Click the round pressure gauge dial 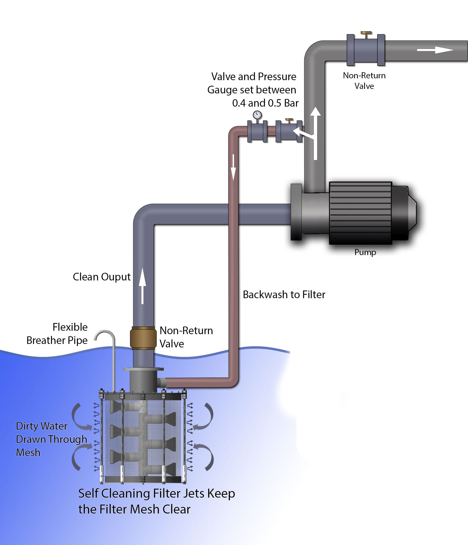coord(257,115)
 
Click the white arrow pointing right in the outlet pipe coord(435,50)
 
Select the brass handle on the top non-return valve coord(366,34)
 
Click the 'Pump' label coord(365,252)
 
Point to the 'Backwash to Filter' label coord(284,295)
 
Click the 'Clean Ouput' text coord(101,277)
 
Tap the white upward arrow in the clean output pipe coord(142,286)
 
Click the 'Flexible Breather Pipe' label coord(57,334)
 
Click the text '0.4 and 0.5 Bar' coord(265,103)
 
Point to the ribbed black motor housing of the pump coord(360,213)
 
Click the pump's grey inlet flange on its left coord(296,212)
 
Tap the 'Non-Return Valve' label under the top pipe coord(364,81)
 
